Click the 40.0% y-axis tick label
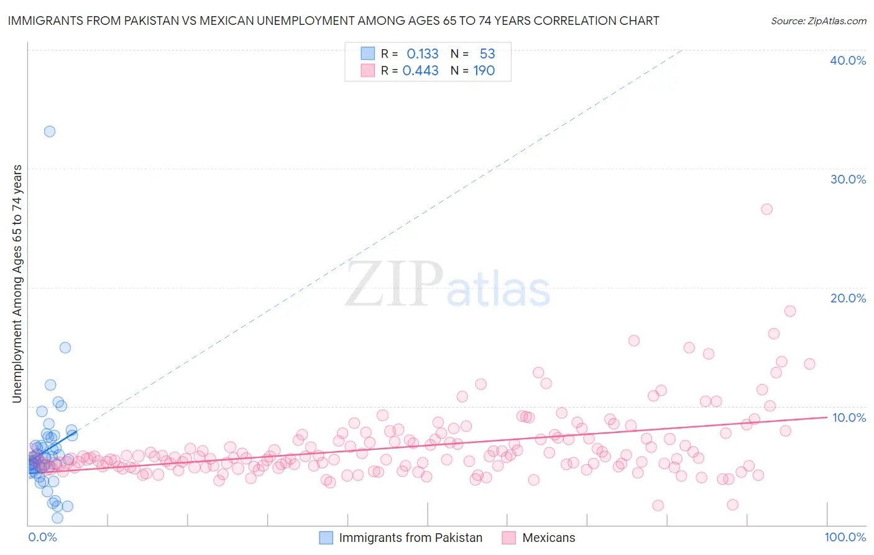click(x=848, y=60)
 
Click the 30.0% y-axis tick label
click(x=848, y=179)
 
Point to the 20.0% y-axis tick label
click(x=848, y=298)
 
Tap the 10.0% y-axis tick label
click(x=849, y=417)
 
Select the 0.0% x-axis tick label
click(x=42, y=537)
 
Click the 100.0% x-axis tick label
click(x=845, y=537)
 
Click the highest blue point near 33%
click(x=50, y=131)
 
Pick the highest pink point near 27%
click(x=766, y=209)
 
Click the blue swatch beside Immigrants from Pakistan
click(x=326, y=538)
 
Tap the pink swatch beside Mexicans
click(x=509, y=538)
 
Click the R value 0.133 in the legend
click(x=423, y=54)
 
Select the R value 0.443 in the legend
click(x=421, y=71)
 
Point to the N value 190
click(x=484, y=71)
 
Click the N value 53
click(x=487, y=54)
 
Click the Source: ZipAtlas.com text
click(x=818, y=21)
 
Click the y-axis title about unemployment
click(x=17, y=283)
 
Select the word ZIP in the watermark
click(x=394, y=284)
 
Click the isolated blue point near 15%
click(x=65, y=348)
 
